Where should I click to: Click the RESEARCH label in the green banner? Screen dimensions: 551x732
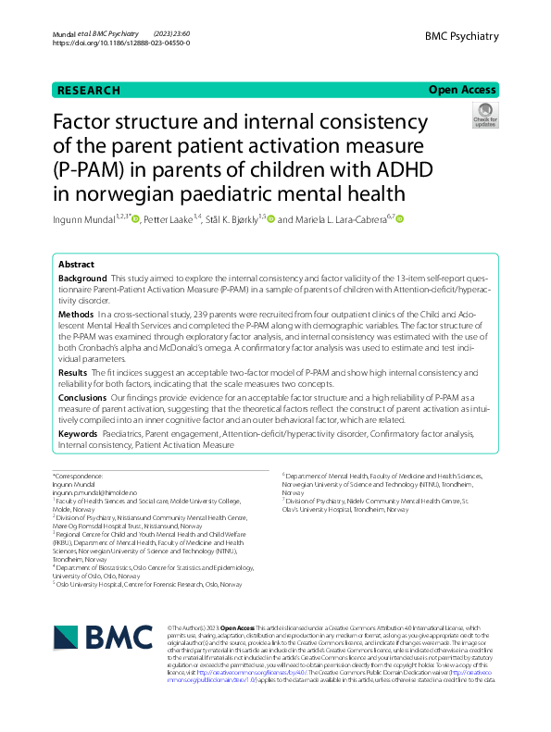[89, 90]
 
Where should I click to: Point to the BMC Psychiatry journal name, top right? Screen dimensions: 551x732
[461, 36]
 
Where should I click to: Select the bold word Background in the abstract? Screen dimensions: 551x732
[82, 279]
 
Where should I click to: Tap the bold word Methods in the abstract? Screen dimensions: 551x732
[76, 316]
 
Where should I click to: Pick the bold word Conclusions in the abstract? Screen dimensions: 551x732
[81, 396]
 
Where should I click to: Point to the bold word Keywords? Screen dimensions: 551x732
[79, 433]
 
